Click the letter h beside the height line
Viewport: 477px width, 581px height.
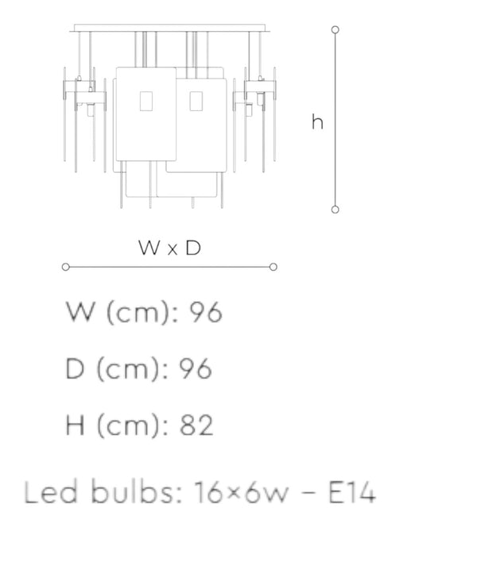[317, 122]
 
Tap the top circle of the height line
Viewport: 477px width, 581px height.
[335, 29]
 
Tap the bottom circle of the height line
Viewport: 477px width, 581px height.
[335, 210]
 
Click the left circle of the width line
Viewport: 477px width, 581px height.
[66, 267]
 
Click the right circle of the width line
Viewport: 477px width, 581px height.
[273, 267]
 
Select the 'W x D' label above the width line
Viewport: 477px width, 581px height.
[169, 248]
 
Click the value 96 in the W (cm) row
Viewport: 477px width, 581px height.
[206, 312]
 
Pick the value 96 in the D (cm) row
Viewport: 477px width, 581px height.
[196, 369]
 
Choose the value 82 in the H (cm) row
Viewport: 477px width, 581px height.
[196, 425]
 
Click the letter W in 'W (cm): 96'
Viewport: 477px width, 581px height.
[79, 312]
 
